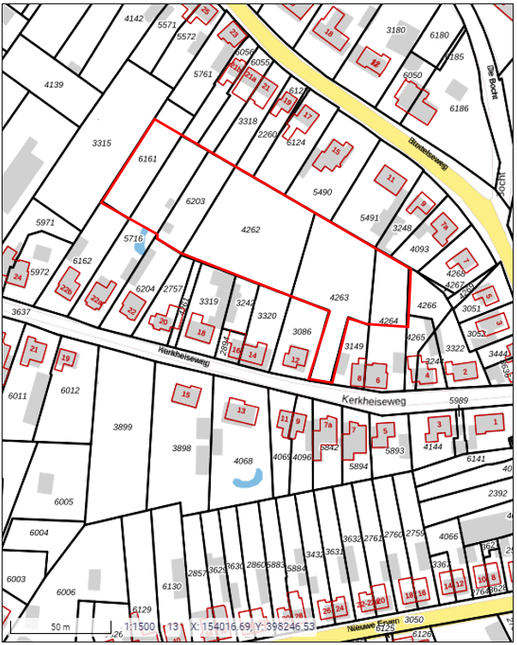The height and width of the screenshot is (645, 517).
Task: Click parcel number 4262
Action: (x=250, y=230)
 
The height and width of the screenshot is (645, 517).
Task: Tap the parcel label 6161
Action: (x=147, y=159)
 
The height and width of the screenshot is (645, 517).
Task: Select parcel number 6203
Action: (x=195, y=201)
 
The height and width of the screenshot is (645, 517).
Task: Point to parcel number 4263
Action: (x=340, y=298)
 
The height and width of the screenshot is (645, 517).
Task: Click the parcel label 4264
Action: (x=389, y=321)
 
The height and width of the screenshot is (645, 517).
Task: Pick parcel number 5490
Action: (x=322, y=192)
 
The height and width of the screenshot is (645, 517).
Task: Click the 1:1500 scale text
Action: (x=140, y=627)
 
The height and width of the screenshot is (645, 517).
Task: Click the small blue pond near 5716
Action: (x=140, y=247)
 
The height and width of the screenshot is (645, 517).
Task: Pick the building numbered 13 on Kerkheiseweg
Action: (x=242, y=411)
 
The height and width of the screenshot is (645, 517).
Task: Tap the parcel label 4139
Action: (x=54, y=85)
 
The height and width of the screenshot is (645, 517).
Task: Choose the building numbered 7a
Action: (x=327, y=425)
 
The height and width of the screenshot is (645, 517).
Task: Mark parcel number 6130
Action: (x=171, y=587)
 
